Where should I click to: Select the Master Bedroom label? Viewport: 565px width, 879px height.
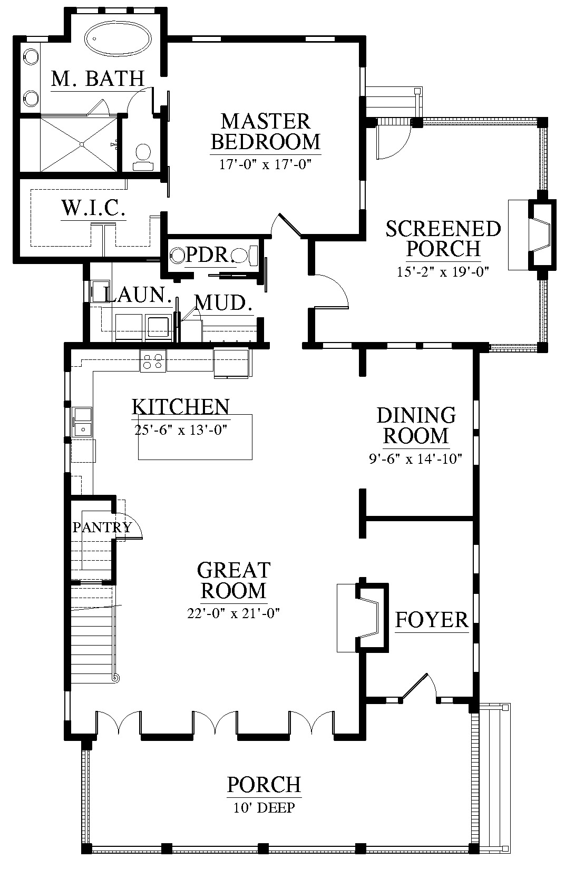coord(266,132)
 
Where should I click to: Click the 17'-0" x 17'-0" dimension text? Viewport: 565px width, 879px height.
coord(265,164)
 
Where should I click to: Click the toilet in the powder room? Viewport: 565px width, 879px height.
coord(246,255)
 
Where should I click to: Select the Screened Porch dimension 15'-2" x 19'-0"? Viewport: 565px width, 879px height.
coord(443,271)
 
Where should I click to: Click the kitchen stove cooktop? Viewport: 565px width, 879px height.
coord(153,361)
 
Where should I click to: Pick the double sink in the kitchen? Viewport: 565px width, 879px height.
coord(82,422)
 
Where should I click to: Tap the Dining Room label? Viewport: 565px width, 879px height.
coord(416,425)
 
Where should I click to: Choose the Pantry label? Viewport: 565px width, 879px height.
coord(102,527)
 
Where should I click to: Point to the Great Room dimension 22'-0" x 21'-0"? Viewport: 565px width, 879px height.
coord(233,613)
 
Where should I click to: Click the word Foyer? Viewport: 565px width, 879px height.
coord(432,620)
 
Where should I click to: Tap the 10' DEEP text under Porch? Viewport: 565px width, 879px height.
coord(264,807)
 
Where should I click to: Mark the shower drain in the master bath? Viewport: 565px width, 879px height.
coord(82,144)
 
